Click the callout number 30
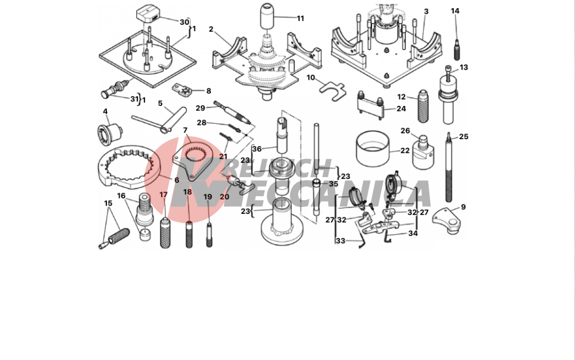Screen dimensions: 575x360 [x=184, y=22]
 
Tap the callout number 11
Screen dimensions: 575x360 [x=300, y=18]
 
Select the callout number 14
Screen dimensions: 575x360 [x=455, y=11]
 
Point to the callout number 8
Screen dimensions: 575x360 [x=209, y=91]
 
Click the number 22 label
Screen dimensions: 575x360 [x=405, y=150]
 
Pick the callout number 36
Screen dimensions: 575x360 [x=256, y=149]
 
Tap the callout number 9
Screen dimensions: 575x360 [x=463, y=207]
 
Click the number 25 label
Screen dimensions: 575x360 [x=463, y=136]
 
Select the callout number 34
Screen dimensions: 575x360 [x=413, y=233]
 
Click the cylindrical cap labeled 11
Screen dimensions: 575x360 [x=268, y=16]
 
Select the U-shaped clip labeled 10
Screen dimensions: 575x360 [x=332, y=91]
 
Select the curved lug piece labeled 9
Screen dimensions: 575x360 [x=447, y=221]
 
